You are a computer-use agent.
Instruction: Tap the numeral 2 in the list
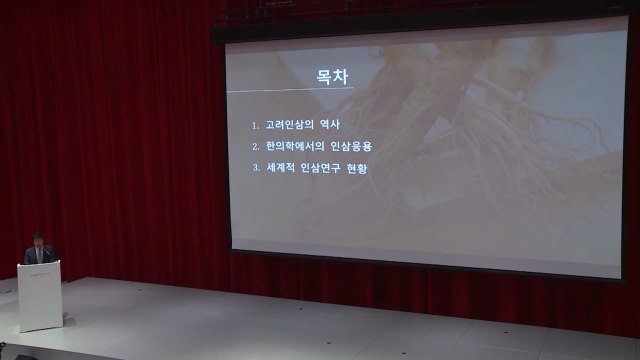255,146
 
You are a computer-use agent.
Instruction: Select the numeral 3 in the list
255,168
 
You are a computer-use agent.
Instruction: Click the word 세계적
280,168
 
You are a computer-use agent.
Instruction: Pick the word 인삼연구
322,168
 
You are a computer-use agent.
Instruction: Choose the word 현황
363,168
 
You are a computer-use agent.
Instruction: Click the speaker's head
37,240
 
